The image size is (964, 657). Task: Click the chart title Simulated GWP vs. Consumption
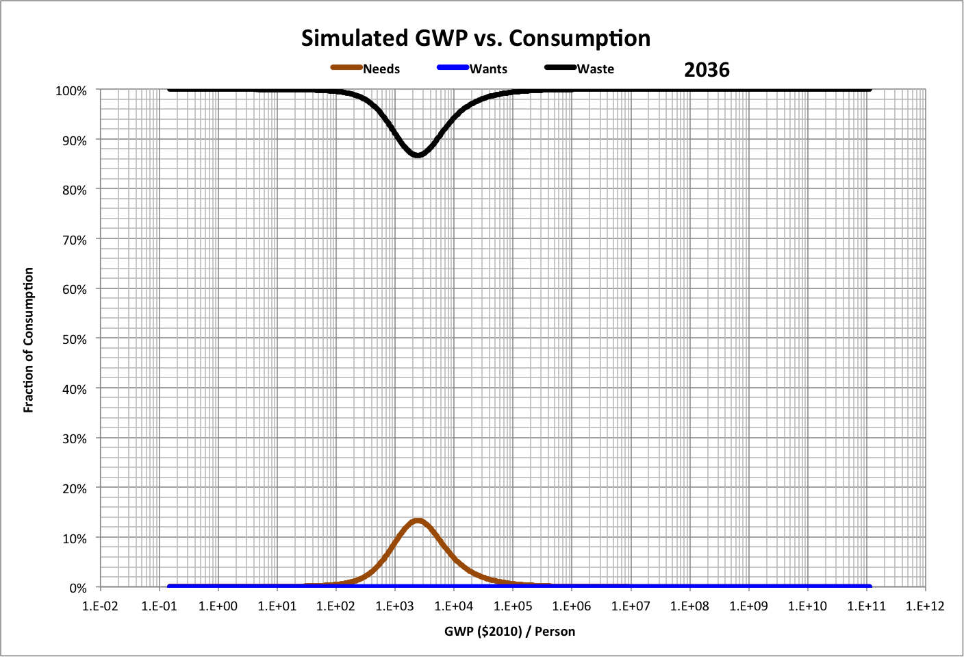coord(476,38)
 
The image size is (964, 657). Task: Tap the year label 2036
coord(707,70)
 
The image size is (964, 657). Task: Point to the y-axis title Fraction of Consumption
coord(29,340)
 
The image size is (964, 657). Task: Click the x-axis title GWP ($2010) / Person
coord(509,632)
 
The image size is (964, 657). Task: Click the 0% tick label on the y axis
coord(78,588)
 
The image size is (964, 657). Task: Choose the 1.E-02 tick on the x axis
coord(101,606)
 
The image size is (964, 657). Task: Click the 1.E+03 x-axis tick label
coord(395,606)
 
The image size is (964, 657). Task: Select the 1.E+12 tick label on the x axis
coord(925,606)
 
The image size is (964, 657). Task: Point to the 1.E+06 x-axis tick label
coord(572,606)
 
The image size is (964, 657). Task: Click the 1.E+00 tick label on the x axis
coord(218,606)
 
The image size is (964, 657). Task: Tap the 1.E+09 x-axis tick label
coord(748,606)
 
